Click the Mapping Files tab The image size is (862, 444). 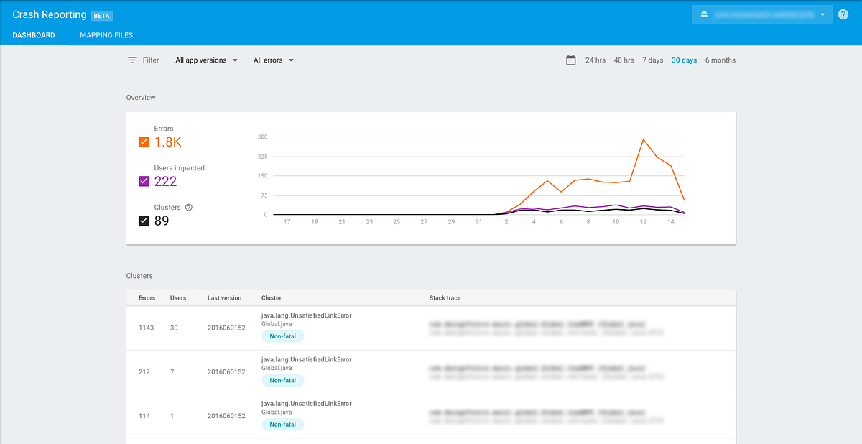[x=106, y=35]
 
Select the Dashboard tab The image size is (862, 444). [x=34, y=35]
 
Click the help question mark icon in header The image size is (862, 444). [x=843, y=14]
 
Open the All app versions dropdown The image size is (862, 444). [x=206, y=60]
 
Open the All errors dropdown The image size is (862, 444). [x=274, y=60]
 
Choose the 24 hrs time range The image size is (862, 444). [x=595, y=60]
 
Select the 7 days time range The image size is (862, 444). [x=652, y=60]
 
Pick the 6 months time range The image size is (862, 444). [x=720, y=60]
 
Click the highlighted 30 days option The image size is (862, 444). [x=684, y=60]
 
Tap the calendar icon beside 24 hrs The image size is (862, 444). [x=571, y=60]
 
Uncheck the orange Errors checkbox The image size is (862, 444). [x=144, y=142]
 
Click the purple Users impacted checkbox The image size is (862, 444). [x=144, y=181]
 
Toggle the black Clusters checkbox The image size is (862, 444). [x=144, y=221]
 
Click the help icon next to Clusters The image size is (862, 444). [x=189, y=207]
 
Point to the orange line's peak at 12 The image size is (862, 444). [x=644, y=139]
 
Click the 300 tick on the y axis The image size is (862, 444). [x=262, y=137]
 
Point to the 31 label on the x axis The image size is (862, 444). [x=479, y=222]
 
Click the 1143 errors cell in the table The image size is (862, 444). [x=147, y=328]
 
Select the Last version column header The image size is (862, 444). [x=224, y=298]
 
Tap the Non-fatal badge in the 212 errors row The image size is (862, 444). [x=283, y=380]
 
